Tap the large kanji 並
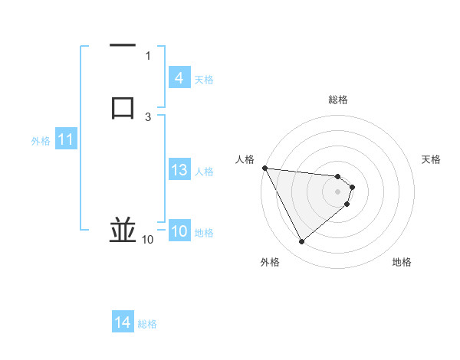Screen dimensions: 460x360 click(x=123, y=231)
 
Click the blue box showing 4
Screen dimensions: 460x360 click(x=179, y=78)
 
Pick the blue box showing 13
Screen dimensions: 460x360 click(x=179, y=170)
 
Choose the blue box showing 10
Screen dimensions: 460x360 click(x=179, y=232)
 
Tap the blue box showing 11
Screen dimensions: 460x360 click(x=66, y=140)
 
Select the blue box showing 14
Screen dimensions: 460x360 click(x=123, y=323)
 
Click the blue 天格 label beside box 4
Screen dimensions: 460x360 click(x=204, y=79)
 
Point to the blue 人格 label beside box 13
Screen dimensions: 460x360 click(x=205, y=171)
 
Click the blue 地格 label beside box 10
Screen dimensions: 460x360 click(x=204, y=233)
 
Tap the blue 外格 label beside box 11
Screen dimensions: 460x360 click(x=41, y=141)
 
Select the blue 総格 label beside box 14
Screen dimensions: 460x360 click(x=147, y=324)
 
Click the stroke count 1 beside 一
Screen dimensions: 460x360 click(x=148, y=56)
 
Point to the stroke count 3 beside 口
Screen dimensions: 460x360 click(x=148, y=116)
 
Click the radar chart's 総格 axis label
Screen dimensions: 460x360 click(x=338, y=100)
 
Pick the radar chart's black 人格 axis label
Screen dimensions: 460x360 click(x=245, y=159)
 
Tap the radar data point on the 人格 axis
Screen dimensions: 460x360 click(x=264, y=168)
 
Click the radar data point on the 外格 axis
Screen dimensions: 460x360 click(x=301, y=242)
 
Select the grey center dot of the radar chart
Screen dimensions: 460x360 click(x=338, y=191)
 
